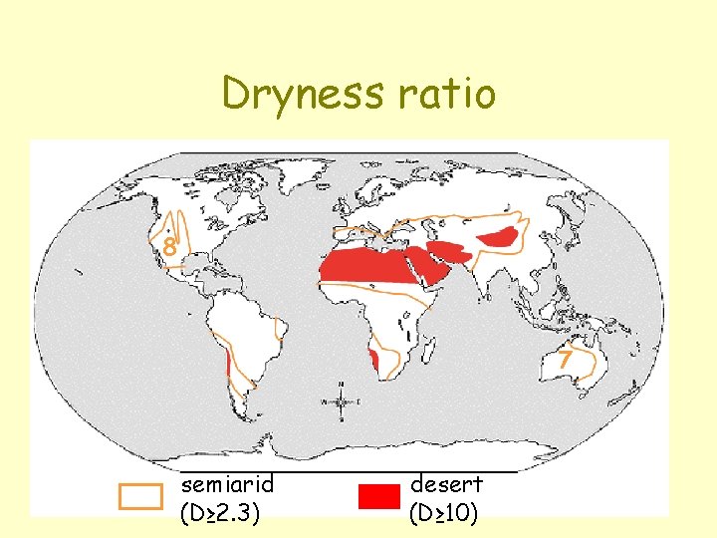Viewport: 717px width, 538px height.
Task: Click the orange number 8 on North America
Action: [x=170, y=247]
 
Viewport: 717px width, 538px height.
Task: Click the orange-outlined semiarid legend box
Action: [x=140, y=496]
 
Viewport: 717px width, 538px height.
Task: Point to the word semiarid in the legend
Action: [x=227, y=484]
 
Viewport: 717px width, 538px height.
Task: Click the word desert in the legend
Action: [x=446, y=484]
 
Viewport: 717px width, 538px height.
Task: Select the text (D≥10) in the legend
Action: [x=443, y=513]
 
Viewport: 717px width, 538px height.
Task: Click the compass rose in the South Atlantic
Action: [x=340, y=402]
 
